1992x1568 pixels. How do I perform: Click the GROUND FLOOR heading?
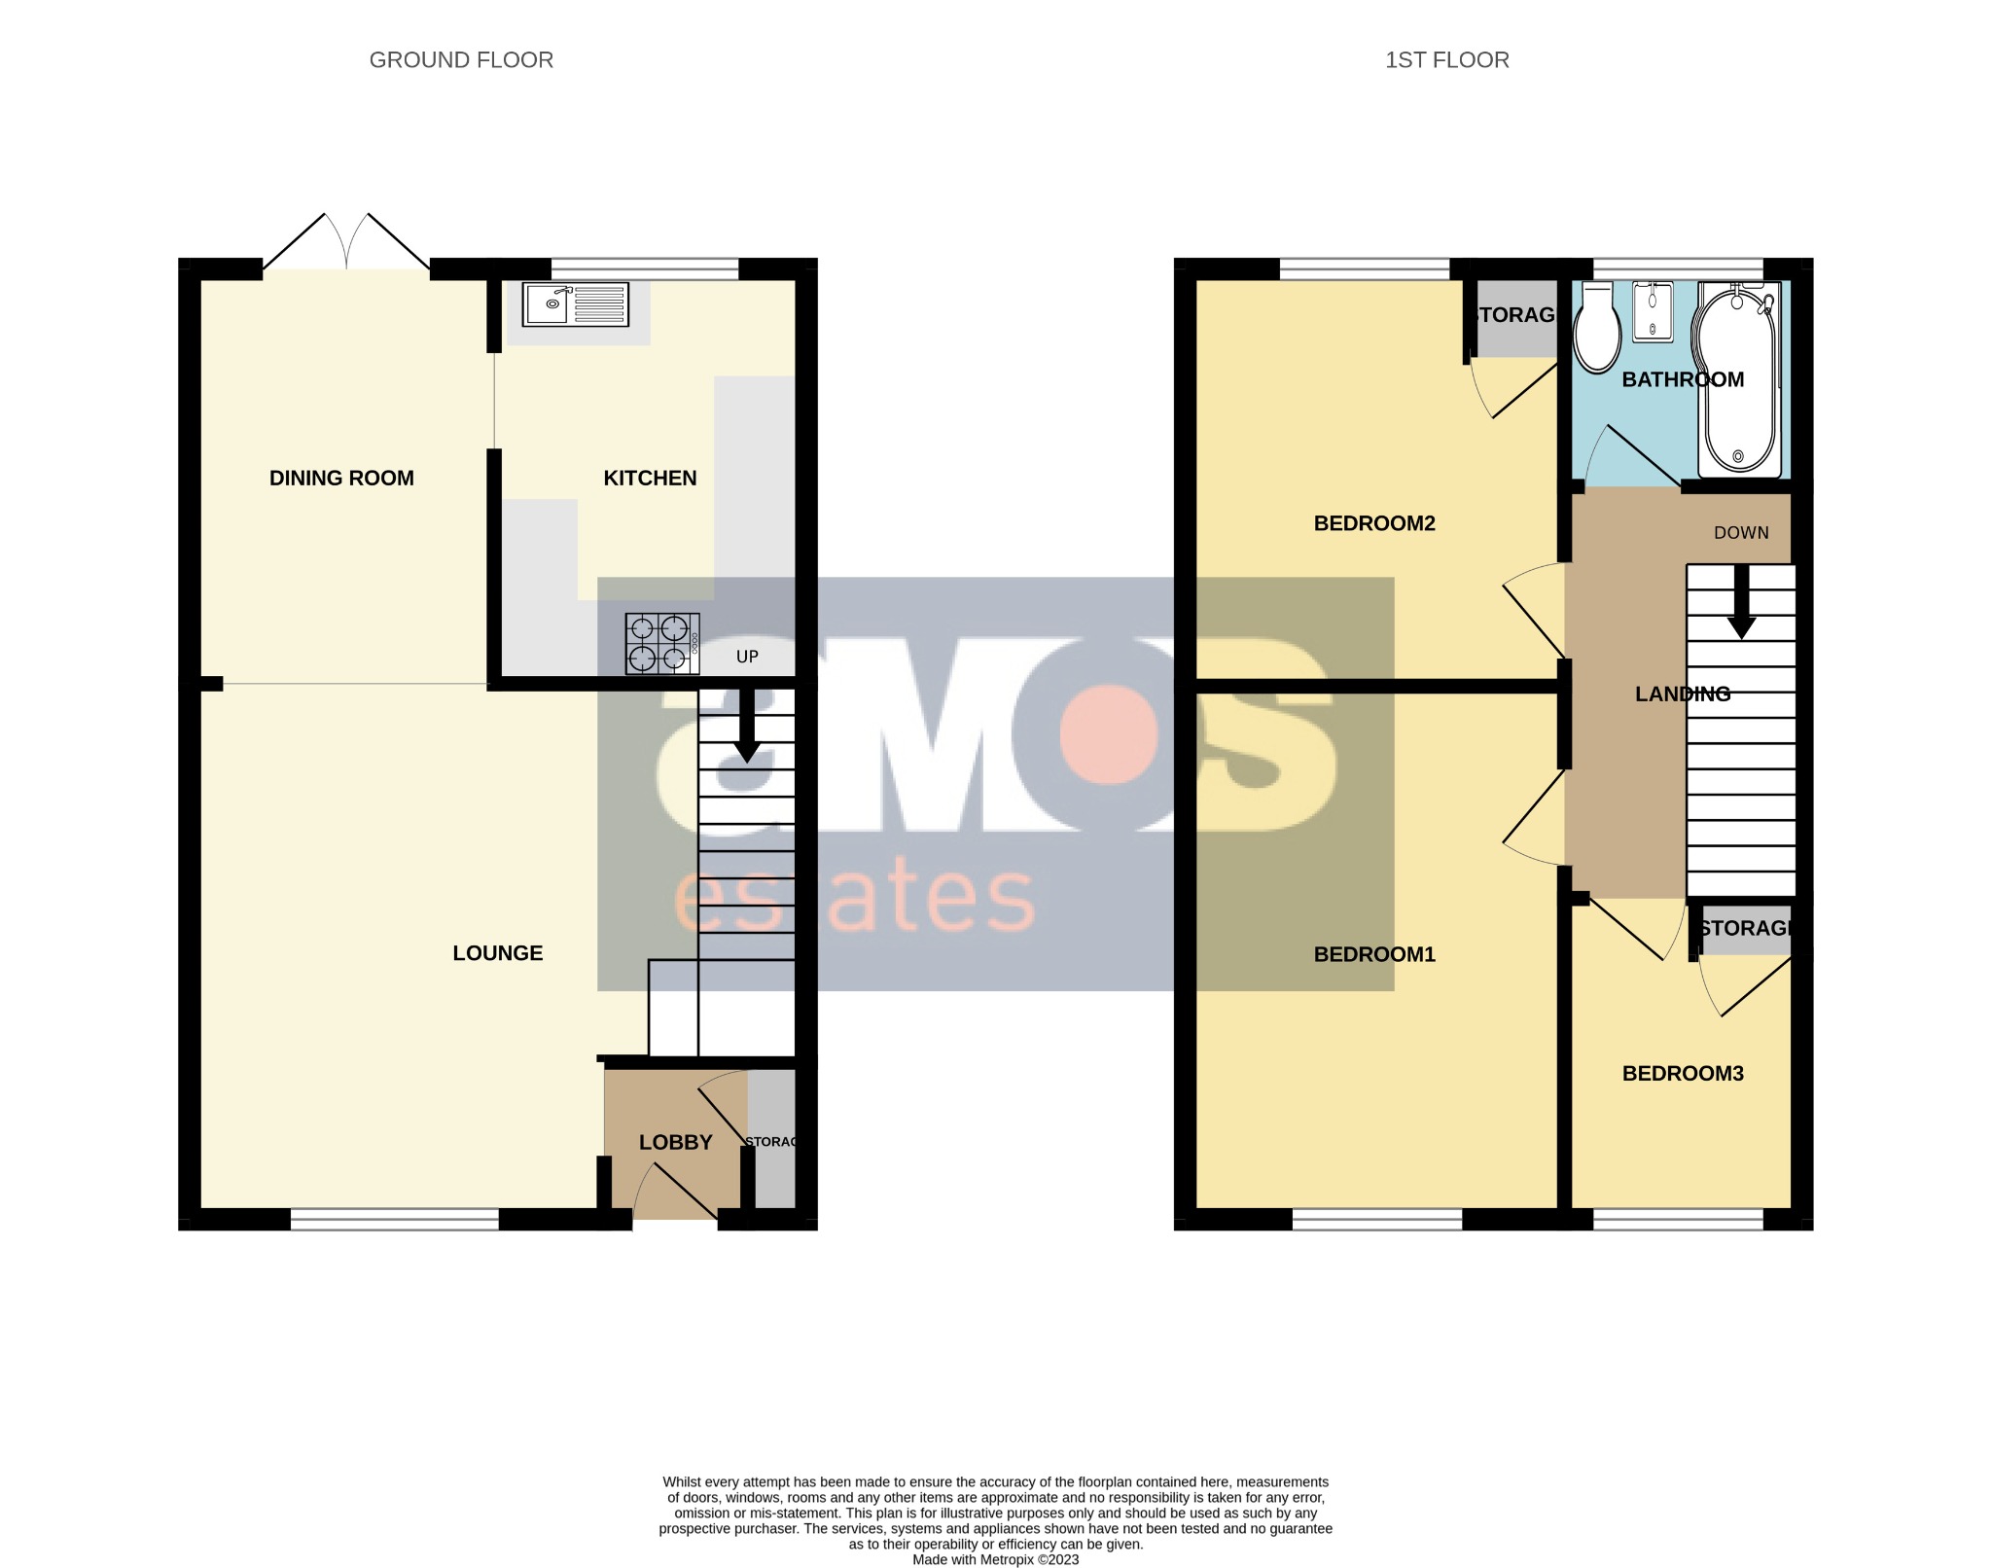[x=461, y=60]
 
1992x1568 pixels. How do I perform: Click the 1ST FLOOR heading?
[x=1446, y=60]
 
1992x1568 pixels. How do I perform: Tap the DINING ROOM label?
[x=341, y=478]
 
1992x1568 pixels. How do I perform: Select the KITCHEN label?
[x=650, y=478]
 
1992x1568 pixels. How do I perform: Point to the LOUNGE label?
[x=497, y=953]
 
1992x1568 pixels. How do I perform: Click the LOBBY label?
[x=675, y=1142]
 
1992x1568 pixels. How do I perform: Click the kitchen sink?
[x=575, y=304]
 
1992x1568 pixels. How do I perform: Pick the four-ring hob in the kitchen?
[x=661, y=643]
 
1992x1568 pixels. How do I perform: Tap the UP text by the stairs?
[x=747, y=657]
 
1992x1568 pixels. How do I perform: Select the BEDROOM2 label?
[x=1373, y=523]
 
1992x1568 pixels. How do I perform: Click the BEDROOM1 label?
[x=1373, y=954]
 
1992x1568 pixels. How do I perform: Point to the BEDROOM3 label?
[x=1682, y=1074]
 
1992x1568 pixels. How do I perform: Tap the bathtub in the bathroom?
[x=1737, y=379]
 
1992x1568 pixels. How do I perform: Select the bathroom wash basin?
[x=1653, y=312]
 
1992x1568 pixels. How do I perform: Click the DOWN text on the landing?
[x=1740, y=533]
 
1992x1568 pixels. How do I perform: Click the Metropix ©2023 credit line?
[x=995, y=1559]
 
